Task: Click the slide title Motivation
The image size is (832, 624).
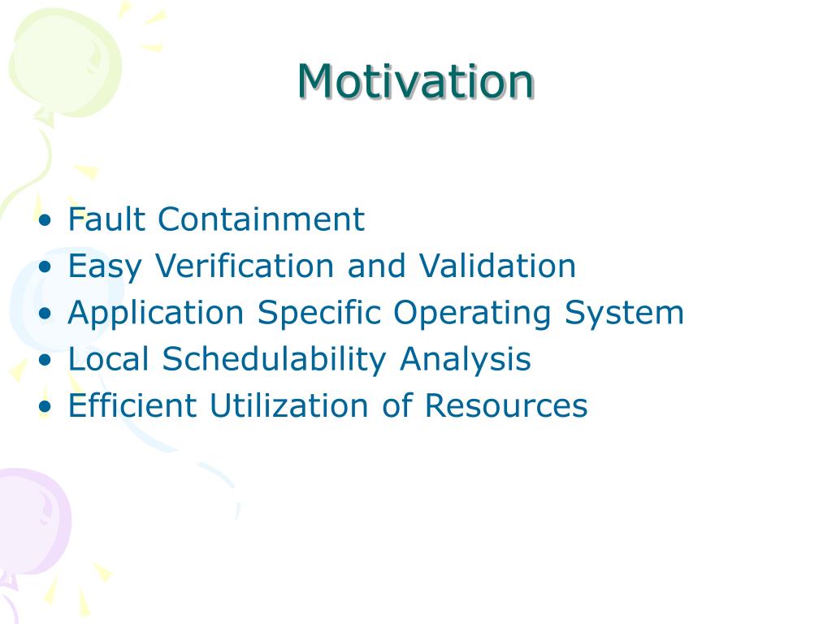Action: (x=415, y=81)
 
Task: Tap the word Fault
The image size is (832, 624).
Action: (x=106, y=219)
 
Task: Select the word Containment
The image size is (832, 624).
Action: (x=261, y=219)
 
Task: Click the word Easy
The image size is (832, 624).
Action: (x=105, y=266)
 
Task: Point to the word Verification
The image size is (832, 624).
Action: (x=244, y=266)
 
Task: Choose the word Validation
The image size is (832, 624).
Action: (x=497, y=266)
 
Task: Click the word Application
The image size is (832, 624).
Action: (x=156, y=313)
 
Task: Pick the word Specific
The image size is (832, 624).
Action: (x=319, y=313)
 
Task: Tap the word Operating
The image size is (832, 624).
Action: (x=472, y=313)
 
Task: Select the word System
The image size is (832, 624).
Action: (x=624, y=313)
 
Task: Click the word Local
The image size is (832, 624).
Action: (x=108, y=358)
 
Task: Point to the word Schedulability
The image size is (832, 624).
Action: (x=274, y=360)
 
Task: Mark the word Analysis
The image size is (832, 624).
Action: (x=466, y=360)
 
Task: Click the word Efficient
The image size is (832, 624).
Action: (x=132, y=405)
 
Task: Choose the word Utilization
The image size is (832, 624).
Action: (x=289, y=405)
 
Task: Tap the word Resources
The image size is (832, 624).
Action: (x=506, y=405)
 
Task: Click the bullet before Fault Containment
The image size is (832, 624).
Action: (x=45, y=219)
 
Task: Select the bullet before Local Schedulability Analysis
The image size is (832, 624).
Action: (x=45, y=360)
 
